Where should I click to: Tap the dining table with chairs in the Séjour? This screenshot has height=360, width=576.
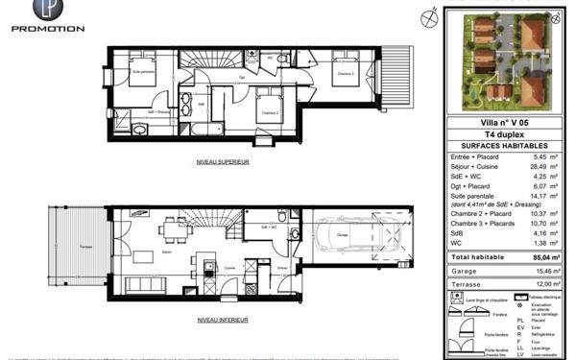[x=175, y=228]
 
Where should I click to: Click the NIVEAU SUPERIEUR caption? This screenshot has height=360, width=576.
[x=222, y=162]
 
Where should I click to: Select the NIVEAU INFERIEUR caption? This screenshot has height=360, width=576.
[x=222, y=319]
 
